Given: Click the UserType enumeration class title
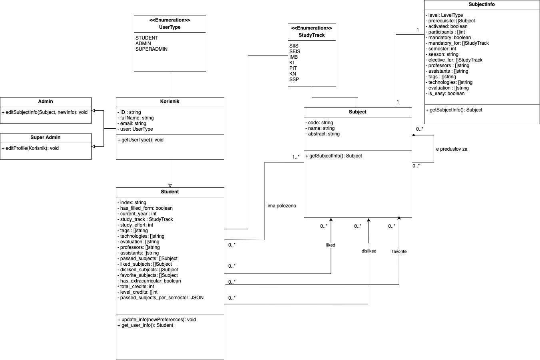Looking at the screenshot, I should pyautogui.click(x=170, y=27).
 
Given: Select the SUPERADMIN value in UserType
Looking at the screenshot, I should pyautogui.click(x=151, y=49).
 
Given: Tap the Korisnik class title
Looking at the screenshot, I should pyautogui.click(x=170, y=101).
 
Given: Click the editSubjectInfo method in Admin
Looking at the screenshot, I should pyautogui.click(x=44, y=112).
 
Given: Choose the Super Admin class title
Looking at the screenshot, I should pyautogui.click(x=46, y=137).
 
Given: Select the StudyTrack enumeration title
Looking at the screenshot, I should pyautogui.click(x=311, y=35).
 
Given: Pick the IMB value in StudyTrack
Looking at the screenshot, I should pyautogui.click(x=293, y=57).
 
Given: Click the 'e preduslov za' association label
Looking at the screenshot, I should pyautogui.click(x=451, y=149).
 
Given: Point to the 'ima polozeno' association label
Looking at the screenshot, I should pyautogui.click(x=282, y=206).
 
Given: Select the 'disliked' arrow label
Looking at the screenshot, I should pyautogui.click(x=369, y=251).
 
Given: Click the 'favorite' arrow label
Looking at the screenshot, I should pyautogui.click(x=399, y=251).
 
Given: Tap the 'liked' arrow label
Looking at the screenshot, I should pyautogui.click(x=331, y=245).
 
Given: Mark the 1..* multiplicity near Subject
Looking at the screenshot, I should pyautogui.click(x=296, y=157).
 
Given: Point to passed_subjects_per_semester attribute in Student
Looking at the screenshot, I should pyautogui.click(x=161, y=298).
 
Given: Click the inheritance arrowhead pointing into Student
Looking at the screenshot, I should pyautogui.click(x=170, y=185).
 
